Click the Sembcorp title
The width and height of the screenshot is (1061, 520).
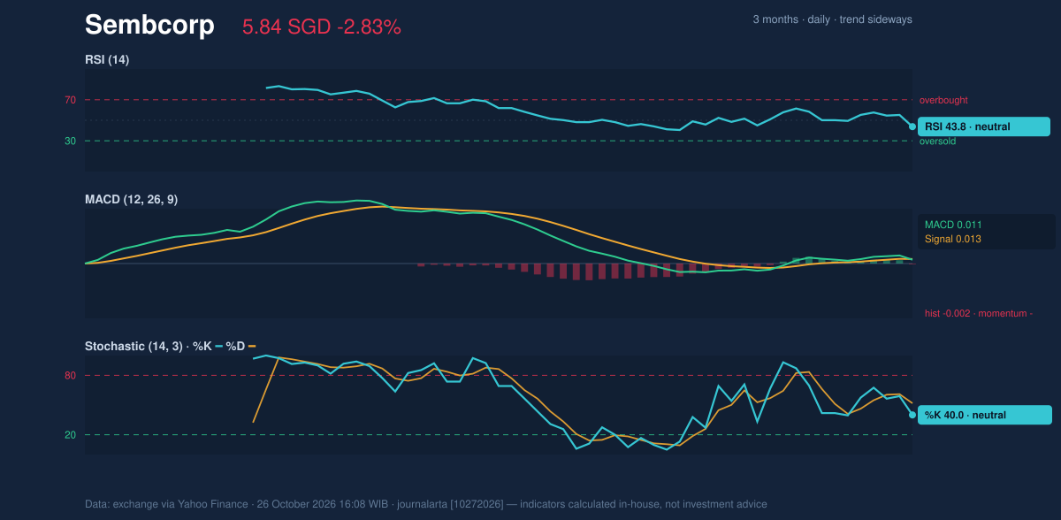coord(149,25)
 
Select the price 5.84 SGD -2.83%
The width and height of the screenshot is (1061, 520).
coord(322,27)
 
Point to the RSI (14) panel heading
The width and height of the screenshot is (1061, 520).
coord(107,59)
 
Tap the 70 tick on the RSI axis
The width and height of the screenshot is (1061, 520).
coord(70,100)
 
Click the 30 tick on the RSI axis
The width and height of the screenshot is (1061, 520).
coord(70,141)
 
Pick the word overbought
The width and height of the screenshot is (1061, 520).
coord(943,101)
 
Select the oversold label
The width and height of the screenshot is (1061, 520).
coord(937,141)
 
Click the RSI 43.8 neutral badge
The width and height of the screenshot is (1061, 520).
coord(984,126)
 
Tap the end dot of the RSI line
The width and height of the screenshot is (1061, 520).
coord(912,126)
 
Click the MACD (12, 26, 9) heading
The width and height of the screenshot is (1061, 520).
coord(131,199)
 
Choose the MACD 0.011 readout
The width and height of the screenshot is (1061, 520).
coord(953,225)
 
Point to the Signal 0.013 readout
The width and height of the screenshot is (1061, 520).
coord(952,239)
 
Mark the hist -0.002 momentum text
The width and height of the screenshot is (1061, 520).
coord(979,314)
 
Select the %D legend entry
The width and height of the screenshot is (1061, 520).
coord(240,346)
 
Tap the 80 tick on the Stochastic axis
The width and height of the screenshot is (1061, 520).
coord(70,376)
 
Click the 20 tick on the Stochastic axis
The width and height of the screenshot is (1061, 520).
coord(70,435)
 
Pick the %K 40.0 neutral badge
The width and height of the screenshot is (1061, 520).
coord(985,415)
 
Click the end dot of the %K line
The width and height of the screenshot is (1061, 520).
coord(912,415)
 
